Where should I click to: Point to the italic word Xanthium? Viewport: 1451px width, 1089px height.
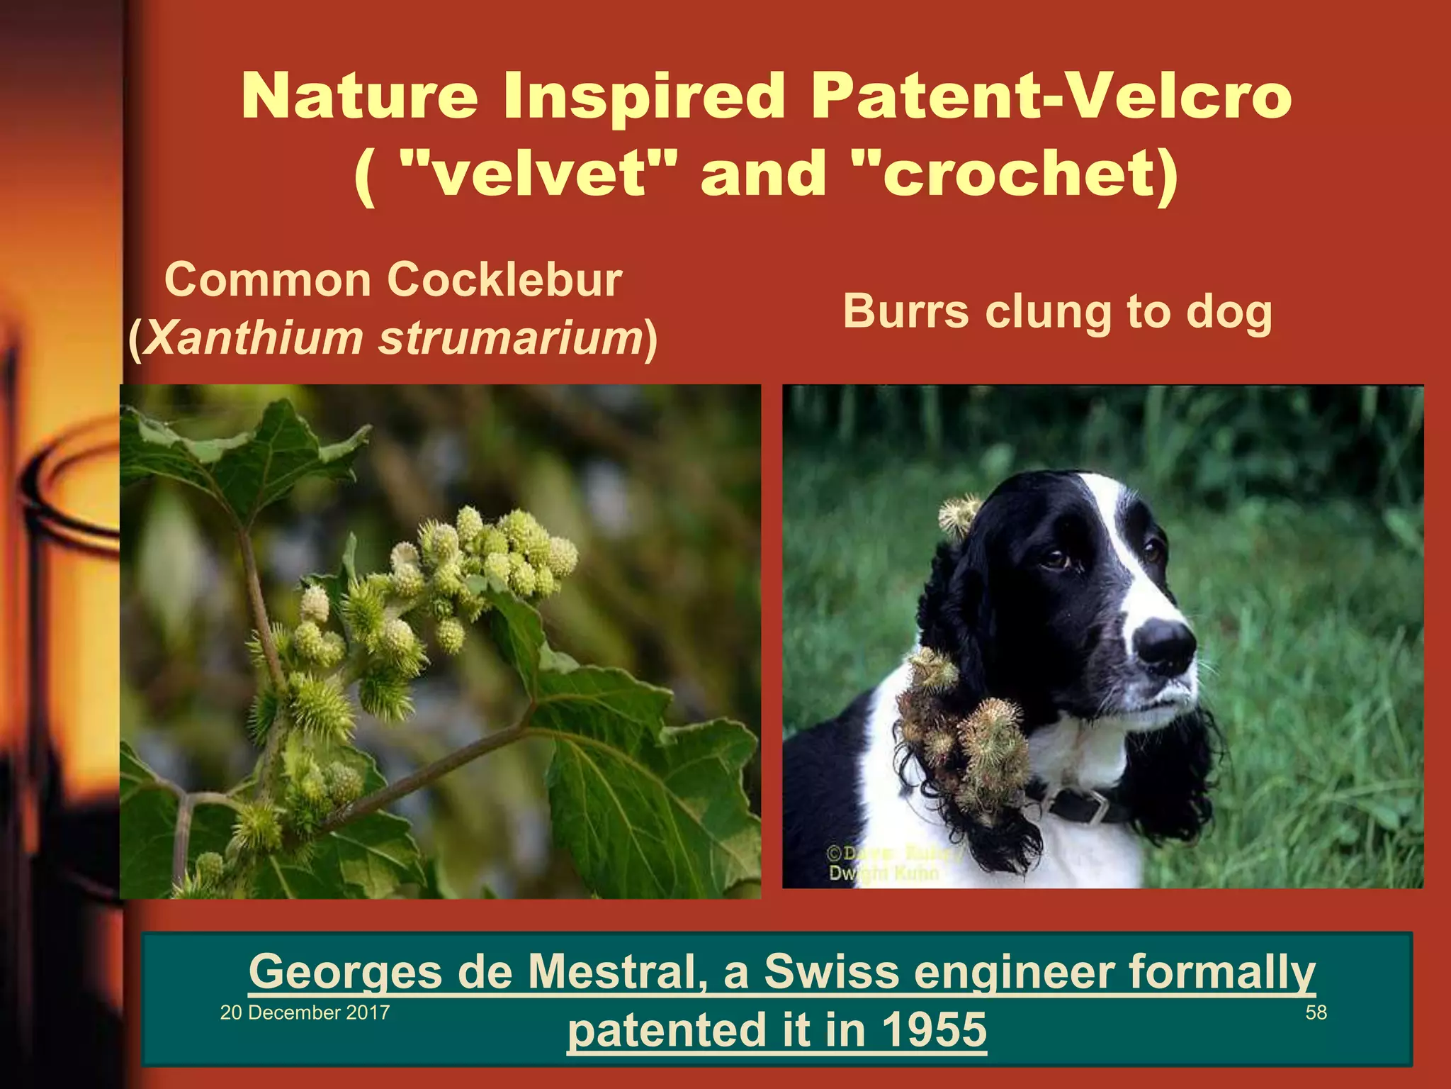coord(255,338)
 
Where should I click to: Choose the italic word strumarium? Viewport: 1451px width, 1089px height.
coord(510,338)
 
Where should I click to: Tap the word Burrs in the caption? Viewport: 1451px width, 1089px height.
coord(905,312)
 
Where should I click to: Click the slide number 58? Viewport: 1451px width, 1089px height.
coord(1316,1012)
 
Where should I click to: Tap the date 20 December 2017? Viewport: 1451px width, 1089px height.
coord(305,1012)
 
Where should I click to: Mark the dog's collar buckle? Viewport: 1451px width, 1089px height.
coord(1095,806)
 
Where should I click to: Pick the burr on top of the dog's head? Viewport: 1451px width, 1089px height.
coord(960,516)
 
